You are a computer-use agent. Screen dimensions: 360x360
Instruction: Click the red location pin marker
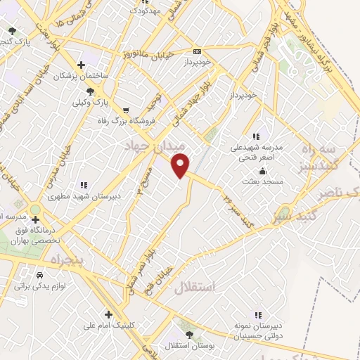pos(181,165)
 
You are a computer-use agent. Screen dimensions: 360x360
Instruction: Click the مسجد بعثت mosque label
pos(263,181)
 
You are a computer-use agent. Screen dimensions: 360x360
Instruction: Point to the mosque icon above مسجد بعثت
pos(263,171)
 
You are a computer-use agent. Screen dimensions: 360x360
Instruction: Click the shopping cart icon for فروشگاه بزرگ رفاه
pos(126,110)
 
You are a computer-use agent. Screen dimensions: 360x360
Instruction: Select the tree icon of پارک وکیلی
pos(89,91)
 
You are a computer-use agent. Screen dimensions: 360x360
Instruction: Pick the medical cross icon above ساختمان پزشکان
pos(82,65)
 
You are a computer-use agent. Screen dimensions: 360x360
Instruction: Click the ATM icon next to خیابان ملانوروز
pos(196,51)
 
